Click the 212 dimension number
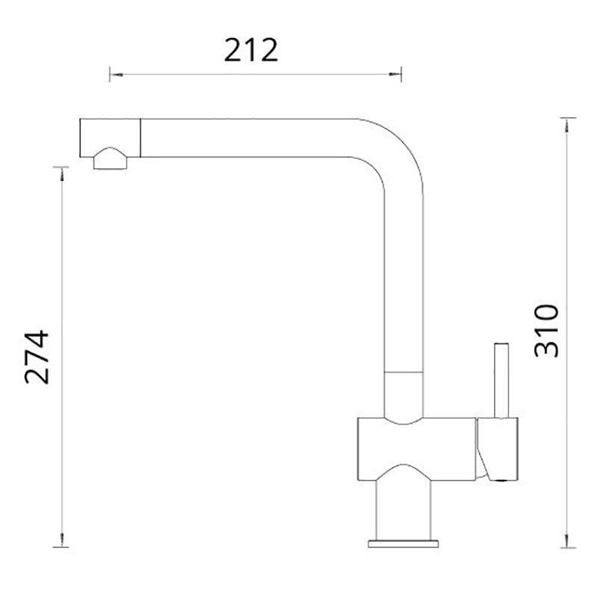coord(250,50)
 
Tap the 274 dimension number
coord(37,357)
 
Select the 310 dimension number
coord(546,330)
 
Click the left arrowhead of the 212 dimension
coord(117,74)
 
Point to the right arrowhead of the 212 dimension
coord(395,74)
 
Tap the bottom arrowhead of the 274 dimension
coord(62,540)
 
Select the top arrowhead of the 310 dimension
coord(567,125)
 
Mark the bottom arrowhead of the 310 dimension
coord(567,540)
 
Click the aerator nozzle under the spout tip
coord(110,158)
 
